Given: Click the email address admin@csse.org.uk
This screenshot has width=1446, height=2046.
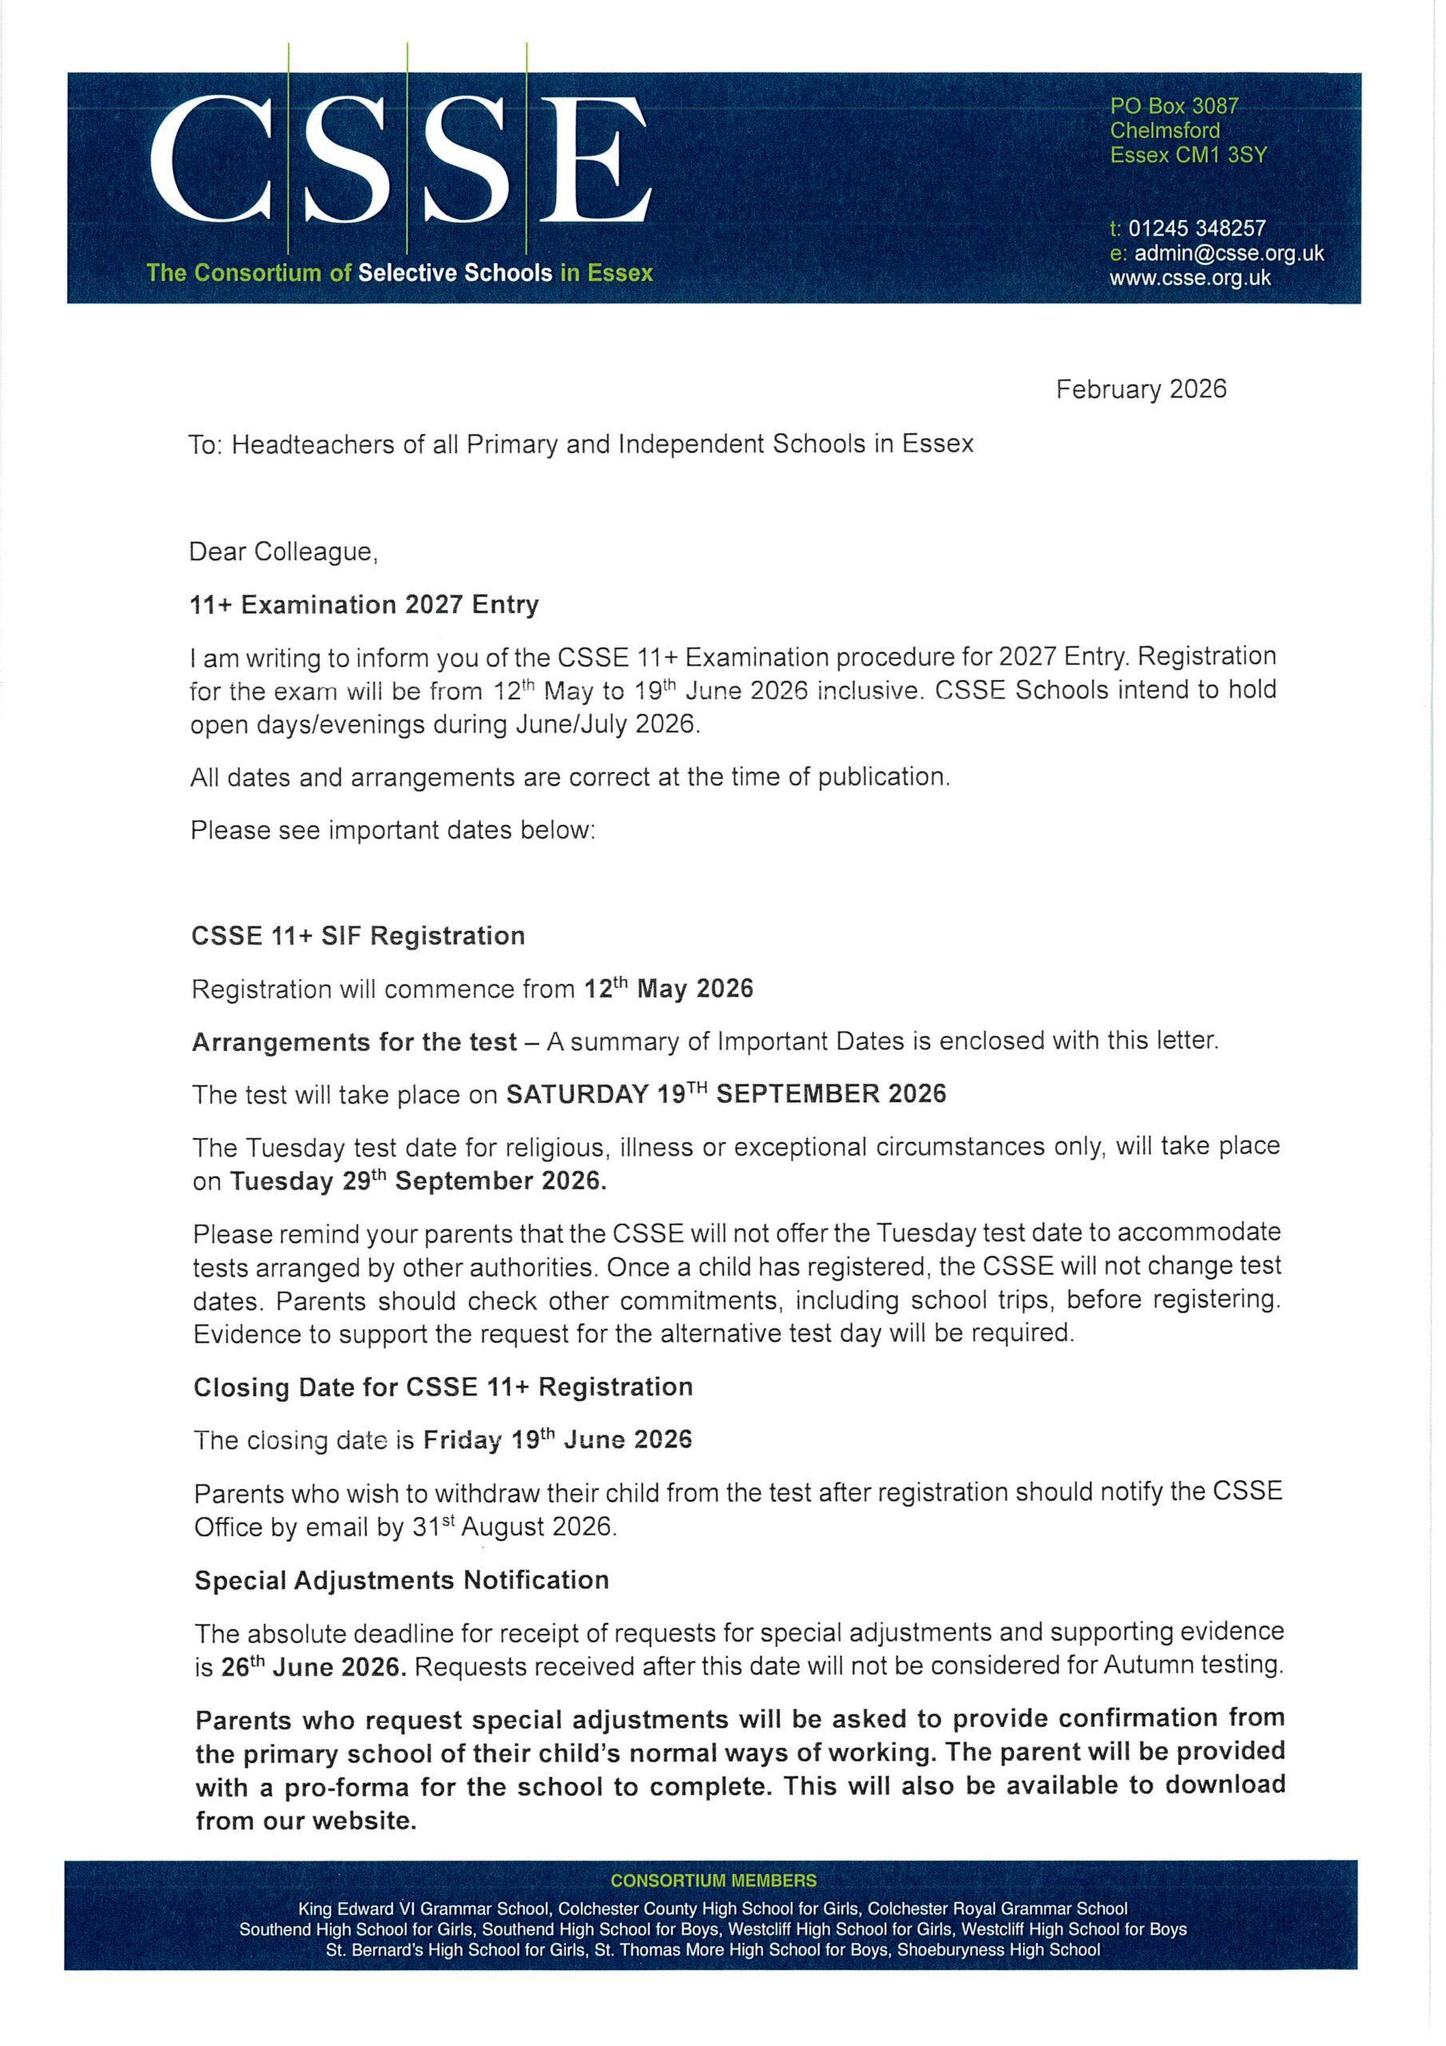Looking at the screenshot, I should point(1229,253).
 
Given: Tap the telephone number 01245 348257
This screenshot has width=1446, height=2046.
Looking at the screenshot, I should point(1196,229).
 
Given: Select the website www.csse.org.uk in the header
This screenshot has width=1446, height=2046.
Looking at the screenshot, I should point(1190,278).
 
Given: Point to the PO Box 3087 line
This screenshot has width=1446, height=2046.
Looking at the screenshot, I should point(1174,106).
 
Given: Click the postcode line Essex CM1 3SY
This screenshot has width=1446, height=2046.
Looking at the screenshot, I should point(1188,155).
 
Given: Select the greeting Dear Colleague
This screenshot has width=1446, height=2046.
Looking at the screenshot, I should point(284,552).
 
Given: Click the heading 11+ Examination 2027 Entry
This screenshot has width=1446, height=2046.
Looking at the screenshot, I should point(364,605).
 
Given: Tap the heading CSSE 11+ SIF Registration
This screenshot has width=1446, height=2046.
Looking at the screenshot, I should point(358,936).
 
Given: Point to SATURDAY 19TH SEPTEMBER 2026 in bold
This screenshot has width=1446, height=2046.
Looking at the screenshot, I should point(725,1094).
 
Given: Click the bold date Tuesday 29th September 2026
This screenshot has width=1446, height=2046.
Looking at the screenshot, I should point(418,1181).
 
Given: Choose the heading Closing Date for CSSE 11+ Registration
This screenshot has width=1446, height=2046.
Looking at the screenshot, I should point(443,1387).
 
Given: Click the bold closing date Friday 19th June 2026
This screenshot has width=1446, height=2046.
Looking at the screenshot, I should point(557,1440).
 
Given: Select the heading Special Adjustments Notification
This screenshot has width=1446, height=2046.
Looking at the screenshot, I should point(402,1580).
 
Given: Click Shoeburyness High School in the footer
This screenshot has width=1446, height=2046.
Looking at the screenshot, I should point(998,1950).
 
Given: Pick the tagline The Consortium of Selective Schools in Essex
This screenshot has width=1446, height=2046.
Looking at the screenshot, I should point(400,273).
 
